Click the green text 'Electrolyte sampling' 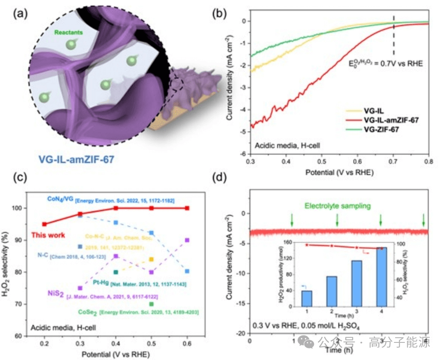(x=337, y=206)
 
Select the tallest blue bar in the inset (x=378, y=277)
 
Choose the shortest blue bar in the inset (x=307, y=298)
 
